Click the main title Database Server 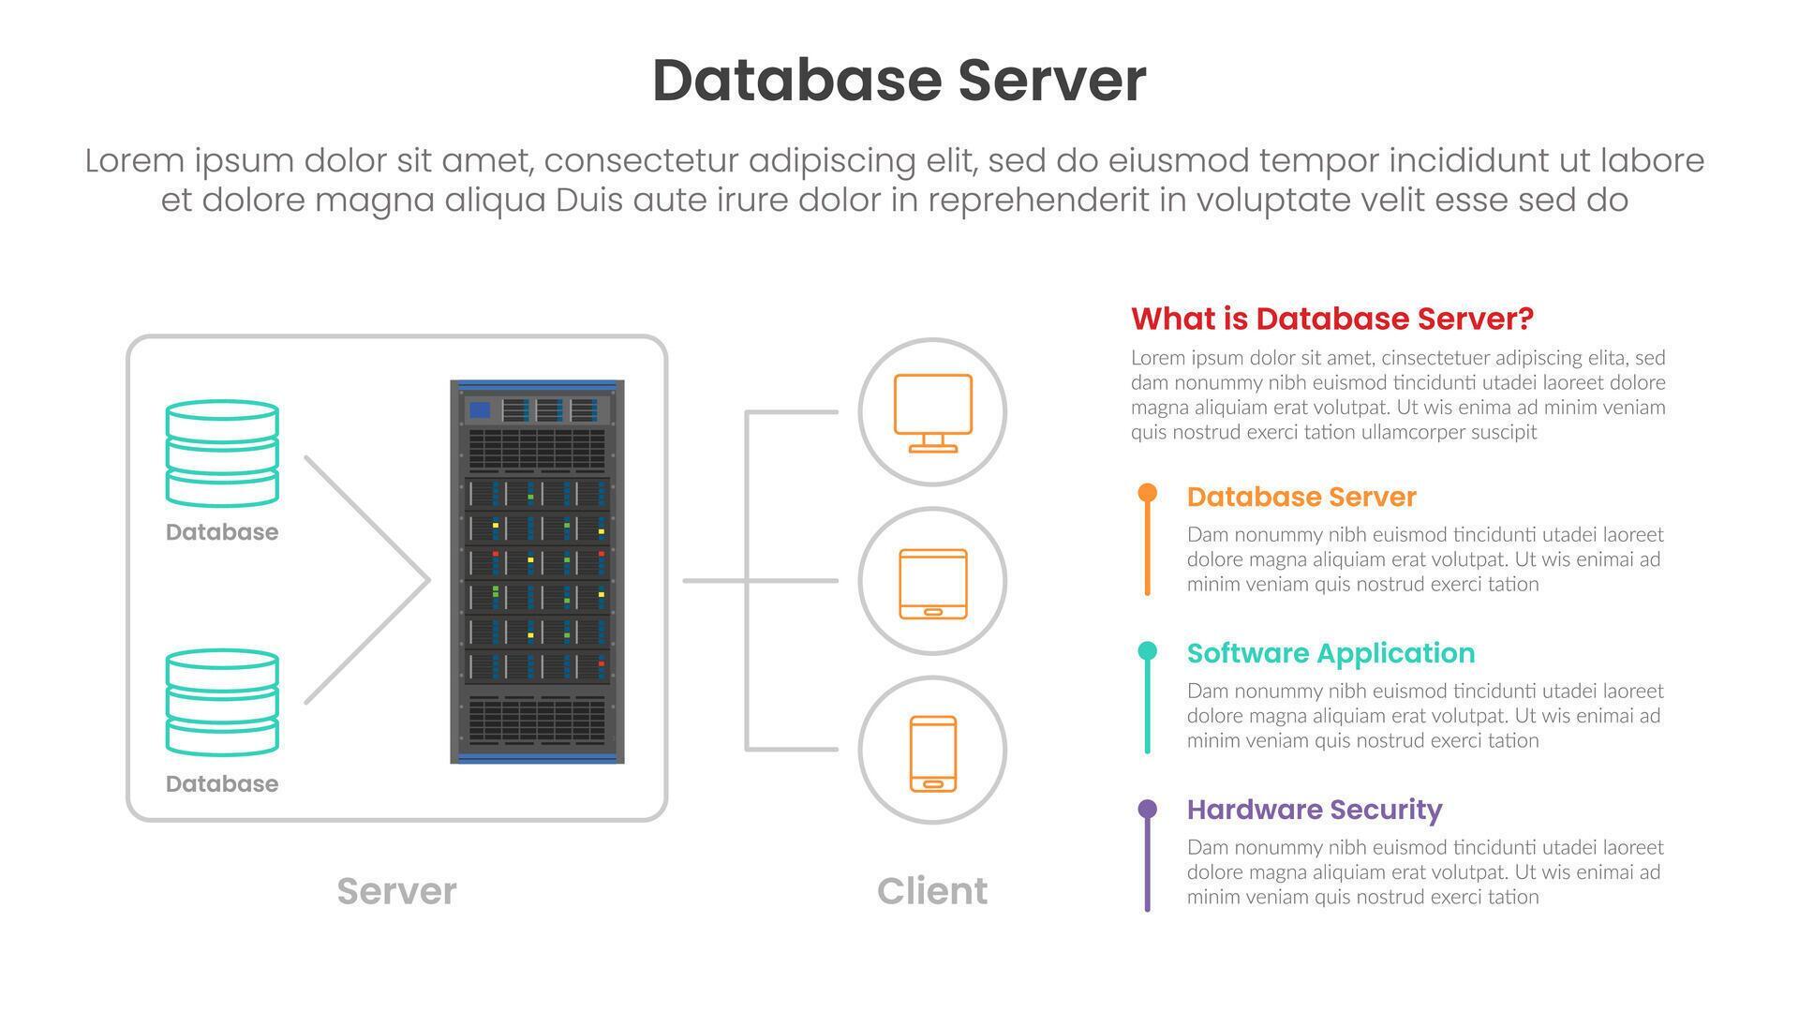click(x=899, y=81)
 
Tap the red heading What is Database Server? click(x=1331, y=319)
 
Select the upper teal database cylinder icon click(x=222, y=454)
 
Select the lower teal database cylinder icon click(x=222, y=703)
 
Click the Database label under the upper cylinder click(x=222, y=532)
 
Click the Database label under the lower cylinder click(x=222, y=784)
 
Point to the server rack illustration click(x=537, y=572)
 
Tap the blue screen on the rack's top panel click(x=480, y=409)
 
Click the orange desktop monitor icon click(x=932, y=412)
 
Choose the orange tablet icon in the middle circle click(x=932, y=583)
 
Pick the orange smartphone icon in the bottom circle click(x=933, y=753)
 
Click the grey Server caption click(x=396, y=891)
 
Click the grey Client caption click(x=931, y=891)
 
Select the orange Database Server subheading click(x=1301, y=497)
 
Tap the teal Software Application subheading click(x=1331, y=653)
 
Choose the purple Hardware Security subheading click(x=1314, y=810)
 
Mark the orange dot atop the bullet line click(x=1147, y=493)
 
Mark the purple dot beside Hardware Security click(x=1147, y=809)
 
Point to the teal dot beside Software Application click(x=1147, y=651)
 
